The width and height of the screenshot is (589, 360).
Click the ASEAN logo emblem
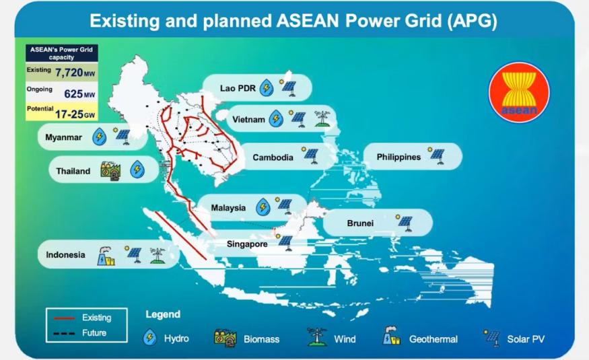[519, 92]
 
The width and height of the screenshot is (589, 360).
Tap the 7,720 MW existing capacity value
[75, 72]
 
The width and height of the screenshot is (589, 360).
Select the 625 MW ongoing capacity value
[79, 94]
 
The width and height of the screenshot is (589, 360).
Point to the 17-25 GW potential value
[75, 114]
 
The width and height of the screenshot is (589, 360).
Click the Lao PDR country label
[238, 88]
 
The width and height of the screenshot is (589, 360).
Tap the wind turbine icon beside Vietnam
[322, 118]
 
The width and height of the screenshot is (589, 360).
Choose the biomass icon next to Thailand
[110, 171]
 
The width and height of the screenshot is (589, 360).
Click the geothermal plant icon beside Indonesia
[106, 256]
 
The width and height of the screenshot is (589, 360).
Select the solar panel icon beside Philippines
[436, 155]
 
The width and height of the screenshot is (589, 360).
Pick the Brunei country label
[360, 223]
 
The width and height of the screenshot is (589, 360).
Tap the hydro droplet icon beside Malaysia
[263, 207]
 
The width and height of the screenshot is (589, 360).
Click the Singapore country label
[247, 244]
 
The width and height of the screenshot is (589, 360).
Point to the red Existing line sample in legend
[64, 318]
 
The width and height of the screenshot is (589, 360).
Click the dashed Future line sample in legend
[64, 333]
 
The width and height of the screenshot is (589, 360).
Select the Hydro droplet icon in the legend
[150, 338]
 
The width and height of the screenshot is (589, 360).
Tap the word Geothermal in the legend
[434, 339]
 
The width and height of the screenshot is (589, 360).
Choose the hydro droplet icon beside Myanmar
[99, 137]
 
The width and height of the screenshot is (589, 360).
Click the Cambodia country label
[273, 157]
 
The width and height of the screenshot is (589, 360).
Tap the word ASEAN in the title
[308, 21]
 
